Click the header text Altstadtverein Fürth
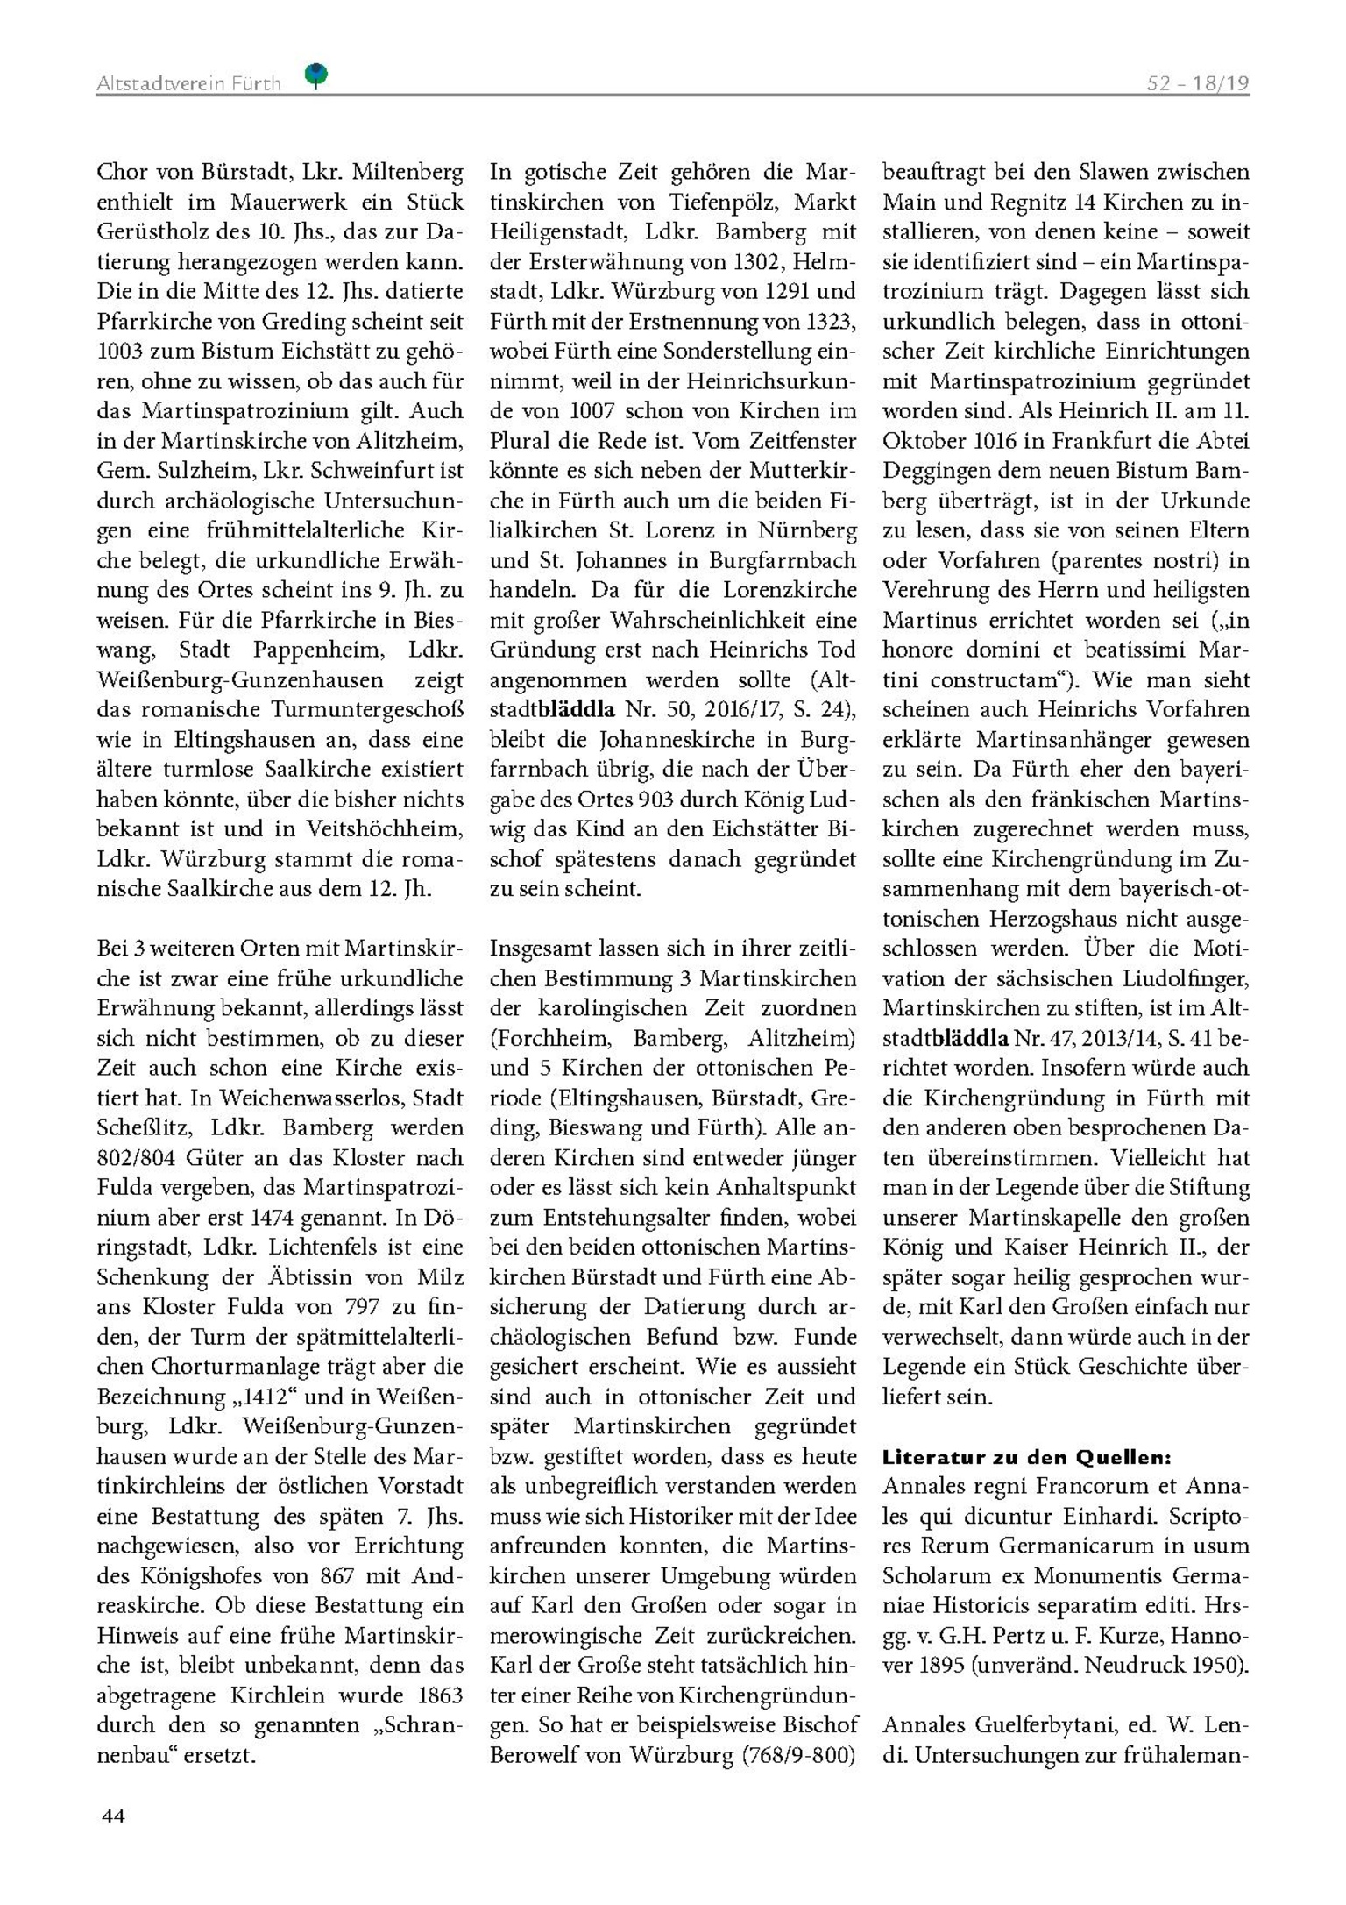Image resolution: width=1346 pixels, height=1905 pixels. point(188,83)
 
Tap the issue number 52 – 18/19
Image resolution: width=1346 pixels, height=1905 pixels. point(1197,83)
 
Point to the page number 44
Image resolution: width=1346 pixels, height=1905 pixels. point(113,1816)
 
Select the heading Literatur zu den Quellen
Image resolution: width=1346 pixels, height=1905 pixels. point(1026,1458)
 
